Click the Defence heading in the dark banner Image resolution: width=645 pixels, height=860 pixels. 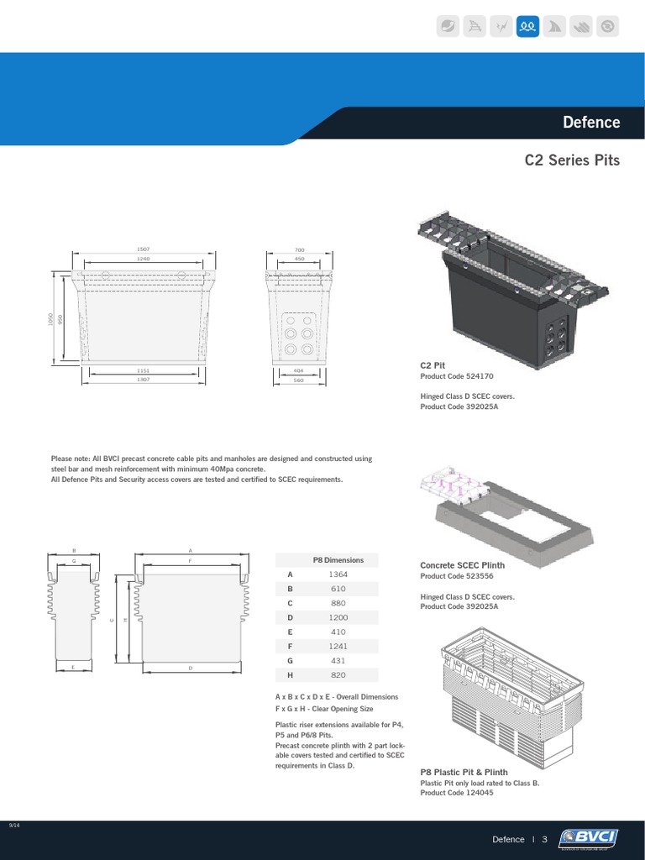590,123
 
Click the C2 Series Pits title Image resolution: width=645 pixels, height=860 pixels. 571,160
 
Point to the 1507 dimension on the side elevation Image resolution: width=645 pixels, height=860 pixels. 142,249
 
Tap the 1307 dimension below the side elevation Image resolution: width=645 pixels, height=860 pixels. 142,380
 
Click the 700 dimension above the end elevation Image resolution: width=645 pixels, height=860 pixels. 300,249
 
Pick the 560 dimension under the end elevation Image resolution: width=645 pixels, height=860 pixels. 299,380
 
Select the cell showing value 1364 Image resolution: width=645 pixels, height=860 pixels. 339,574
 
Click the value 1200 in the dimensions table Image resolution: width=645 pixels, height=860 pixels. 339,617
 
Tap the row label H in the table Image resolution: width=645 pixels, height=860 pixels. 290,674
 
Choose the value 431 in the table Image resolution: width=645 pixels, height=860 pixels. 339,660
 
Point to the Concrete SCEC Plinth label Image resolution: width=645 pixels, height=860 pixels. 462,565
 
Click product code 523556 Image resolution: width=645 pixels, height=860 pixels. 477,576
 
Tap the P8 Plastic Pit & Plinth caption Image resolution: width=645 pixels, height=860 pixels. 464,772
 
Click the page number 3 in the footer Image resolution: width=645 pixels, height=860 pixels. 544,839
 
